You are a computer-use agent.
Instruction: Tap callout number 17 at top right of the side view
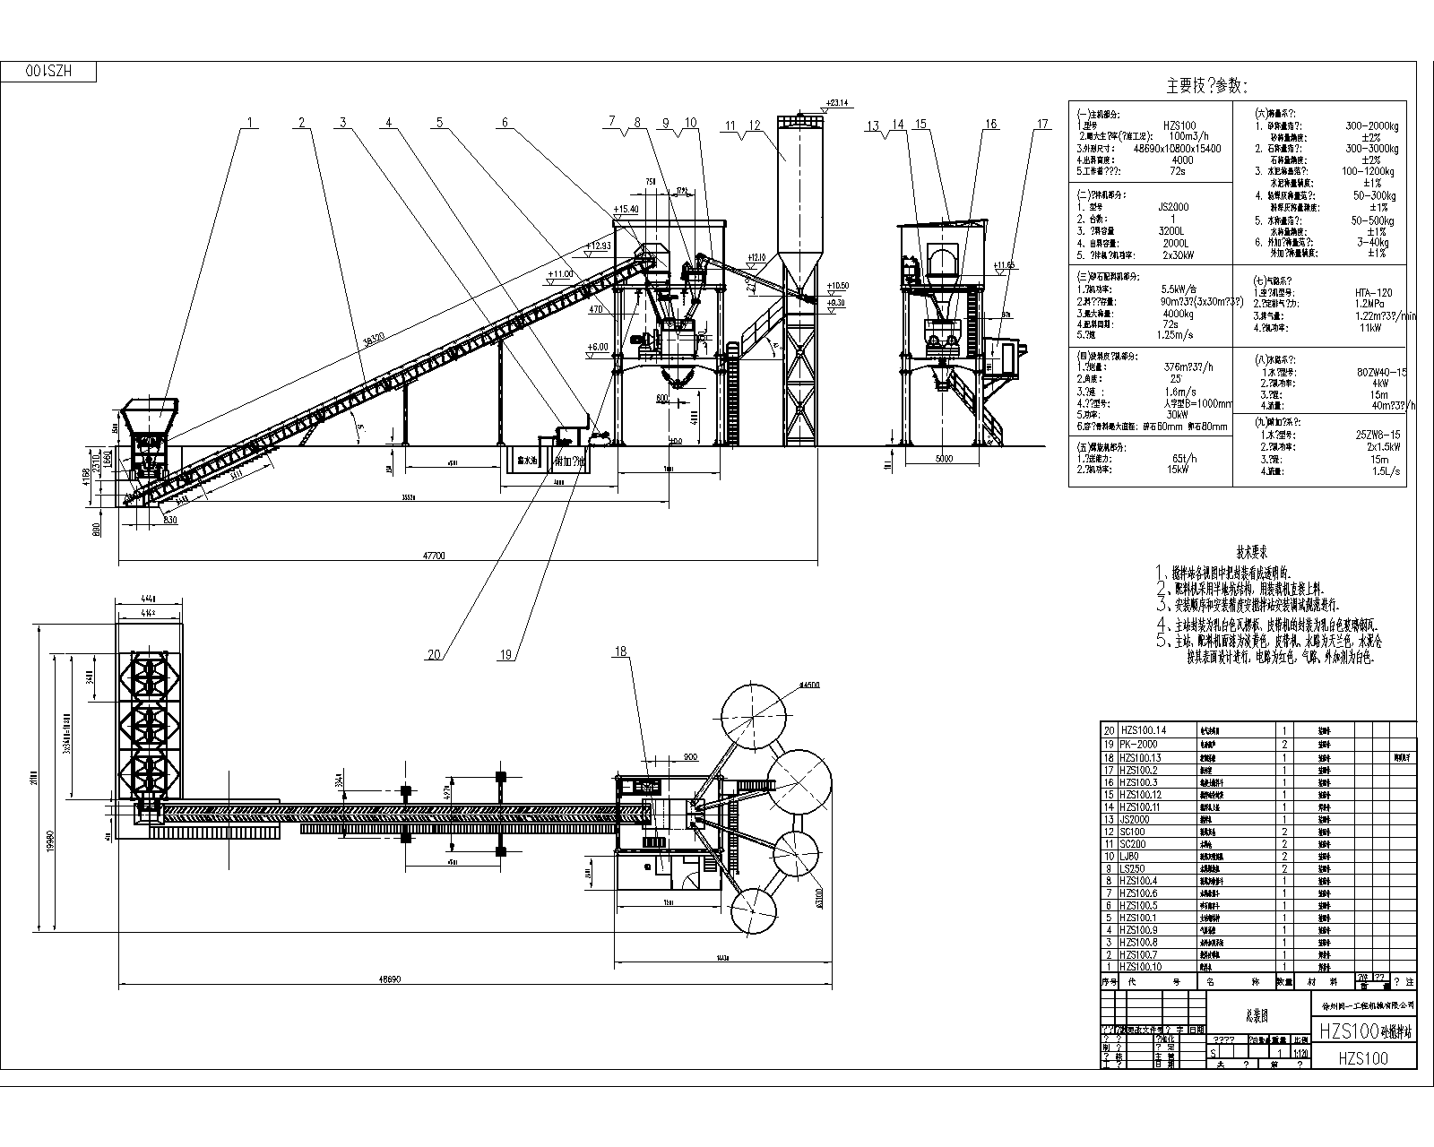pos(1041,125)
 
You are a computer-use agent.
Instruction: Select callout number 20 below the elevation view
pos(434,655)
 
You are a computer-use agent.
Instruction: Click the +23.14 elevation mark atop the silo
pos(838,102)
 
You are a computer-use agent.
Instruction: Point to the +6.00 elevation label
pos(597,347)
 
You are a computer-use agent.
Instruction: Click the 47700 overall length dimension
pos(434,556)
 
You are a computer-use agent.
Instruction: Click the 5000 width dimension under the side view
pos(943,459)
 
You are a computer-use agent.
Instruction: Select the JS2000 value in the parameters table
pos(1172,207)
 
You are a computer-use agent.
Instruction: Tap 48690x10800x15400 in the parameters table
pos(1177,149)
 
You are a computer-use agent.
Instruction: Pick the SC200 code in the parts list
pos(1133,844)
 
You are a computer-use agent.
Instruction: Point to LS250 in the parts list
pos(1133,869)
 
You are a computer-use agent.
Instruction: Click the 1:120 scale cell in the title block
pos(1301,1054)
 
